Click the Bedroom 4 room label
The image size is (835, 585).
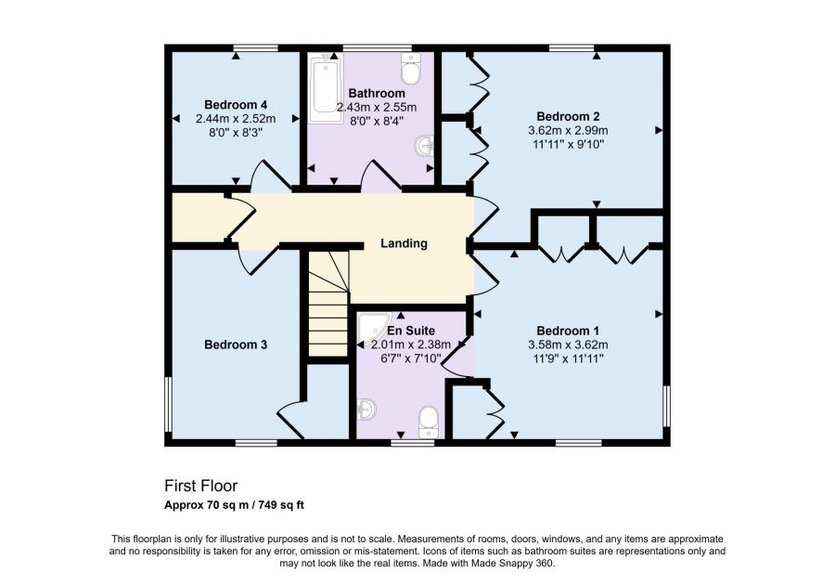pos(236,104)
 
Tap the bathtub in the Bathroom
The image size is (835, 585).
pos(325,89)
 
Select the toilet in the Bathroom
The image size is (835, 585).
pos(411,69)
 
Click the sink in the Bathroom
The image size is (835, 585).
pos(424,146)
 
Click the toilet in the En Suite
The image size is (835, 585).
pos(428,423)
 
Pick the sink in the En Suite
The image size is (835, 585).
pos(366,409)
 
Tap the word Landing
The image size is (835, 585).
pos(404,243)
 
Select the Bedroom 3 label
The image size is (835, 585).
pos(236,344)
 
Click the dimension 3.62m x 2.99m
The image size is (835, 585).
pos(568,131)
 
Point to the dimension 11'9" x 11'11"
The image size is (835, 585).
pos(568,358)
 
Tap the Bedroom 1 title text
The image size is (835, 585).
pos(568,331)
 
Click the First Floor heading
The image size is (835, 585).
pos(200,486)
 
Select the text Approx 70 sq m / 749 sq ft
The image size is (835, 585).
pos(234,505)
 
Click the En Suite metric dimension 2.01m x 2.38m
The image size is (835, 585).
pos(411,344)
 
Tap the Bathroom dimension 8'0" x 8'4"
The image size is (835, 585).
pos(377,121)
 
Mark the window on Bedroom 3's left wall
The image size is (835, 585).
pos(168,404)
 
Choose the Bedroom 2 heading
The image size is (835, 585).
pos(568,117)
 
